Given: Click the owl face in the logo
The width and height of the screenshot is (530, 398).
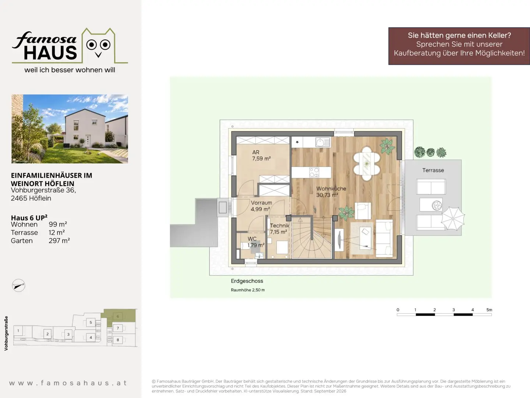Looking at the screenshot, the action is pos(98,48).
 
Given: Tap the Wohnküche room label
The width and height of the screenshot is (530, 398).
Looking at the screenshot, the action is pos(331,192).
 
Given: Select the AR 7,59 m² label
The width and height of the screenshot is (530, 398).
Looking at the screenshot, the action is pos(261,156).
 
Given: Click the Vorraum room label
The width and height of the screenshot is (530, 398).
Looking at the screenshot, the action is pos(261,206).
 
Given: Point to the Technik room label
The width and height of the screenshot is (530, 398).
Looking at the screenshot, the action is pos(279,228).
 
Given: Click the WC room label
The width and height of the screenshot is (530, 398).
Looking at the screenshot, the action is pos(256,242).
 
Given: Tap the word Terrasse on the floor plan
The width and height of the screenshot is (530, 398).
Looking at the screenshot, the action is pos(433,170).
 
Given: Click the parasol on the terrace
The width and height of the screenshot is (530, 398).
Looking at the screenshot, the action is pos(453,219).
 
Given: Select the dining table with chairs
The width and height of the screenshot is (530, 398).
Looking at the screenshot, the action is pos(367,164).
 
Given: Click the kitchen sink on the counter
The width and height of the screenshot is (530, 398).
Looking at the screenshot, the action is pos(322,142).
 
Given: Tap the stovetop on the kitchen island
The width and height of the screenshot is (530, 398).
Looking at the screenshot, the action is pos(314,172).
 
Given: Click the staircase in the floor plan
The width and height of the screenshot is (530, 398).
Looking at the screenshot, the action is pos(312,238).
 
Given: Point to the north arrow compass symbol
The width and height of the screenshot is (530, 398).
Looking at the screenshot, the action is pos(18,285).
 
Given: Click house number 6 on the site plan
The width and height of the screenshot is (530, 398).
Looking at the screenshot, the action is pos(118,316).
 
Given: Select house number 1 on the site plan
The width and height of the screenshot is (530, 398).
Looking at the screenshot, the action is pos(18,331).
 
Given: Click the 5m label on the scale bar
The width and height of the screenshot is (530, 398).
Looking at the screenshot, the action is pos(489,310).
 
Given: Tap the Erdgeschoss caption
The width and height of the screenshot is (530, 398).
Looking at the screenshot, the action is pos(247,281).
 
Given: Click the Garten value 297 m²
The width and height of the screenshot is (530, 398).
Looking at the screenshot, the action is pos(59,240).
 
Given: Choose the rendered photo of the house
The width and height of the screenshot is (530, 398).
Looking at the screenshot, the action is pos(70,129).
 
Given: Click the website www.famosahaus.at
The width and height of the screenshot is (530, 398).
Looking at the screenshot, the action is pos(68,383).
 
